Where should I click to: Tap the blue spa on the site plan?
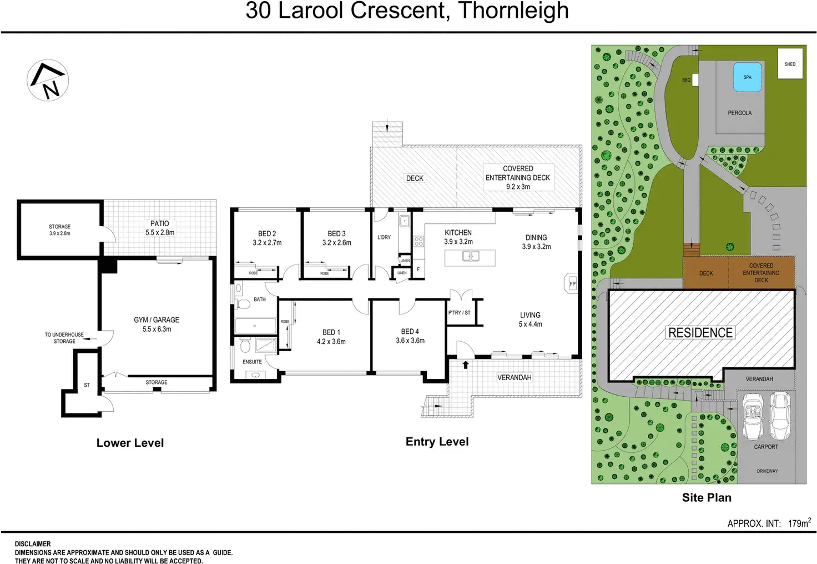tap(747, 77)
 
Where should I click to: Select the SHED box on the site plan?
tap(790, 64)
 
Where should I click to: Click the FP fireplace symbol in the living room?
tap(572, 284)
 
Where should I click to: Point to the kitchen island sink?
tap(470, 256)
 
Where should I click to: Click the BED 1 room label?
tap(331, 332)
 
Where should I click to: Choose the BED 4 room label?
tap(410, 331)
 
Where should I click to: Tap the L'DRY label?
tap(384, 237)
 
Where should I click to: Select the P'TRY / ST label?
tap(459, 313)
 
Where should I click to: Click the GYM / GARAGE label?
tap(157, 320)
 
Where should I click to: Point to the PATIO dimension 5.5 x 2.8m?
tap(160, 233)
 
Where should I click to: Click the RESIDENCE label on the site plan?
tap(700, 333)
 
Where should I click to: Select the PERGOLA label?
tap(739, 113)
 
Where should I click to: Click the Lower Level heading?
tap(130, 443)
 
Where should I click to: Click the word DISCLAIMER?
tap(33, 544)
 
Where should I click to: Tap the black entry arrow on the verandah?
tap(465, 365)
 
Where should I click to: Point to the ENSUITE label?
tap(252, 362)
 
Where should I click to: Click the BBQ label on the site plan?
tap(686, 80)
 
